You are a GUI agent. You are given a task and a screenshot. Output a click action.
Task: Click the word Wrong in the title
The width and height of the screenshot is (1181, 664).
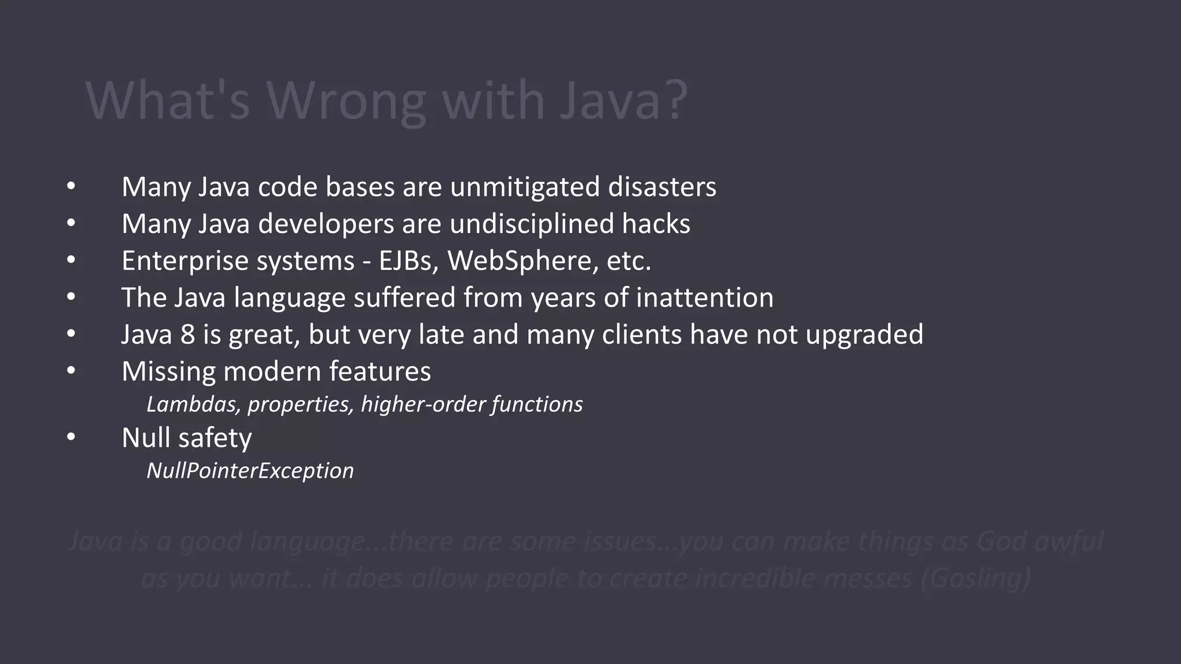[x=346, y=101]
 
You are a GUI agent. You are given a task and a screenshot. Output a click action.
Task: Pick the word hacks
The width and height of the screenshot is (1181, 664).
[x=656, y=224]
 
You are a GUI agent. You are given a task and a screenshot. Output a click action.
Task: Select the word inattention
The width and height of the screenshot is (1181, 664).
[x=704, y=297]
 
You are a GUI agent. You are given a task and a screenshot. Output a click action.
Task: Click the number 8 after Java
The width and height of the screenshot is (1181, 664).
[x=187, y=334]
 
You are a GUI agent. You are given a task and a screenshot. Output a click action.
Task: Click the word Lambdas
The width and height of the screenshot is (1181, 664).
[x=193, y=404]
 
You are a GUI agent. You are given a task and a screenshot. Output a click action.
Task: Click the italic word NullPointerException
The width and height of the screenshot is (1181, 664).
[x=250, y=471]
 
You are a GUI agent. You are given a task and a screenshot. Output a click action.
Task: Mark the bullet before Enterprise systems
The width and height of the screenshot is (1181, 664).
[x=71, y=261]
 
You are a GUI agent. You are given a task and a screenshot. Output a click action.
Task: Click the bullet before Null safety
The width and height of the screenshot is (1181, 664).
[x=71, y=437]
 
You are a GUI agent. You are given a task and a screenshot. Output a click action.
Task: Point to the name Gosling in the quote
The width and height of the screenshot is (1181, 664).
[x=975, y=578]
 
